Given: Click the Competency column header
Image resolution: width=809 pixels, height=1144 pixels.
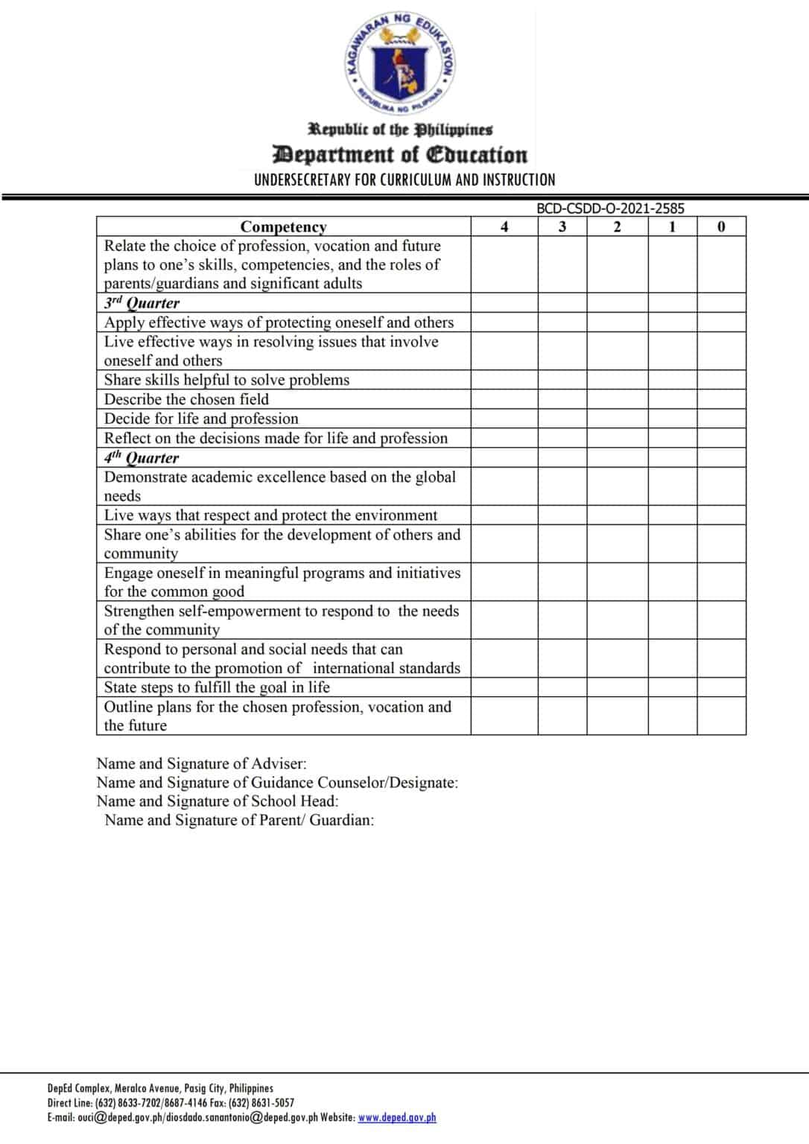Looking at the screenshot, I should (283, 226).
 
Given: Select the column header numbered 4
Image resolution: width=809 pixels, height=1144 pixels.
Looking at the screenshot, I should (504, 226).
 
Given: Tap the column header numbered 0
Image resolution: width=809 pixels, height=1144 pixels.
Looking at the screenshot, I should (720, 226).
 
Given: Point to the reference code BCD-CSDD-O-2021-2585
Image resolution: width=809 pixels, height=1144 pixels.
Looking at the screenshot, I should (610, 209).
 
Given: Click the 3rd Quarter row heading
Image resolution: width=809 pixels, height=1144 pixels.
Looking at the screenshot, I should (142, 302).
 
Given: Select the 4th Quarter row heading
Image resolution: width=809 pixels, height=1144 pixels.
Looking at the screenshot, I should (142, 457).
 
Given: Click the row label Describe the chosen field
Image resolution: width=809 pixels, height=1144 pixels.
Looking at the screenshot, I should (186, 399).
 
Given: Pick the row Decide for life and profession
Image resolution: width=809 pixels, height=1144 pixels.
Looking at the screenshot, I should (201, 419).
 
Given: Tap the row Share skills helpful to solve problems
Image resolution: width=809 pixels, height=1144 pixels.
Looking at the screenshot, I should (226, 380).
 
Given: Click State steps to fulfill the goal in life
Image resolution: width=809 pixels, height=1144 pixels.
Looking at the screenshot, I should (217, 687).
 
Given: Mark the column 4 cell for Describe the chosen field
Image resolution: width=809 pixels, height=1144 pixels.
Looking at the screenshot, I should (504, 399).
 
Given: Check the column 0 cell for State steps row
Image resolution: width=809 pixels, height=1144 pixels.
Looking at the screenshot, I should (720, 687).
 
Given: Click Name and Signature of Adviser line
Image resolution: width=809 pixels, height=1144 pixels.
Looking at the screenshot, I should (201, 763).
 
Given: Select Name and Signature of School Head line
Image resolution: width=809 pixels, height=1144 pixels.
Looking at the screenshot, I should (218, 801).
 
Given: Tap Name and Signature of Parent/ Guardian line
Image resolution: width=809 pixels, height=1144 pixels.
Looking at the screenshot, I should (239, 820).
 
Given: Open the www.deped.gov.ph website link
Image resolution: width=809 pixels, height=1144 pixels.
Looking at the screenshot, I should (397, 1117).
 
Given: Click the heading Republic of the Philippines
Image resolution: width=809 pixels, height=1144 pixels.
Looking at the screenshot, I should (401, 130).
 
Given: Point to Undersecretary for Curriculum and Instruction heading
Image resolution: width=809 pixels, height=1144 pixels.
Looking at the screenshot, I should (404, 179).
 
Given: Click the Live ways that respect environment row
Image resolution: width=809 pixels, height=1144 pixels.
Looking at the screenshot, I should (270, 515).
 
